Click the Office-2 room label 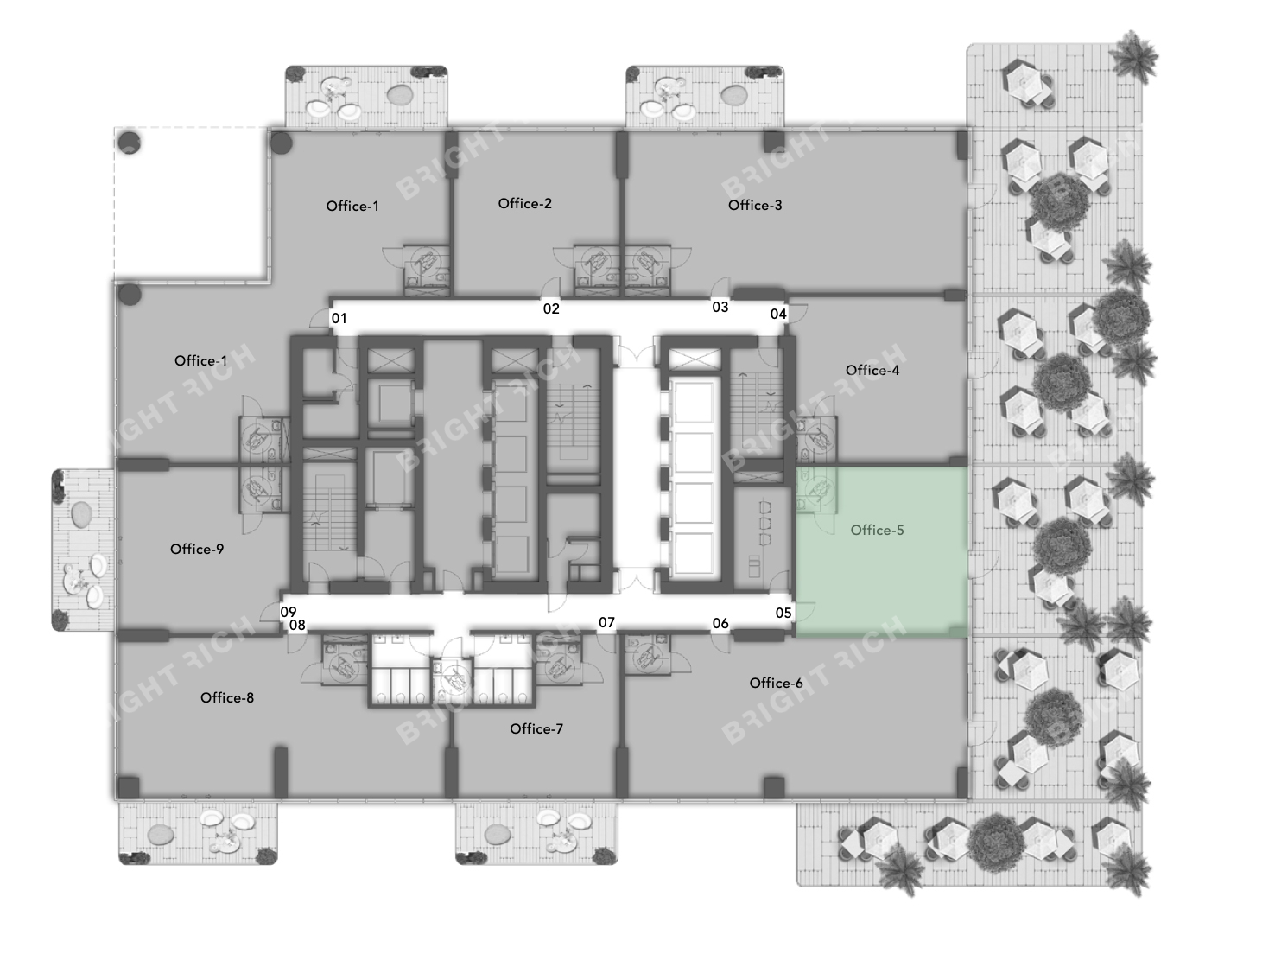click(x=524, y=203)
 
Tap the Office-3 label click(x=754, y=205)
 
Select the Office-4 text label click(x=872, y=370)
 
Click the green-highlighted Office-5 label click(x=877, y=530)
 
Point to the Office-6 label click(x=776, y=683)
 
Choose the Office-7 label click(x=536, y=728)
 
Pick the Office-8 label click(x=226, y=697)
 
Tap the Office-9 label click(x=196, y=549)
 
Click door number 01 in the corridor click(x=339, y=318)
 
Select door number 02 click(x=550, y=309)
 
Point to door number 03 click(x=720, y=308)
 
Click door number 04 click(x=777, y=315)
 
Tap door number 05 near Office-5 click(x=783, y=613)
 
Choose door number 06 click(x=720, y=623)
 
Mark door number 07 click(x=606, y=623)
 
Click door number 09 click(x=289, y=612)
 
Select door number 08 click(x=297, y=625)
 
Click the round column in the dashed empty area click(x=129, y=143)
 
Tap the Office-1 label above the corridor click(x=352, y=207)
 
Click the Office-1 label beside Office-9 click(x=200, y=361)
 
